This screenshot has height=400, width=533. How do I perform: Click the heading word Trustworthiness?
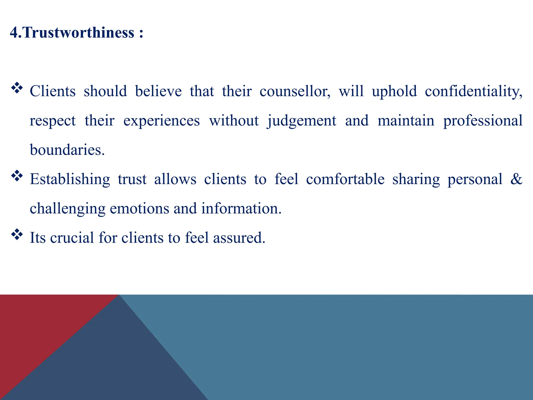pos(79,33)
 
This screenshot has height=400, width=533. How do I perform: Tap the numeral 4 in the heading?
pos(14,33)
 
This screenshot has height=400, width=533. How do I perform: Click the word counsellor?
pos(295,91)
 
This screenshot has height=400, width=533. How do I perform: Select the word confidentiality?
pos(473,91)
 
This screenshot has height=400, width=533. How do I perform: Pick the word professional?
pos(483,121)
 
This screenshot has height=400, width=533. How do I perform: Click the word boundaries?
pos(67,150)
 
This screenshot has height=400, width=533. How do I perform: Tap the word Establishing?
pos(70,179)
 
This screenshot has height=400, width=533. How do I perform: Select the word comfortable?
pos(345,179)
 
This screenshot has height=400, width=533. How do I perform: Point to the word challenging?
pos(68,209)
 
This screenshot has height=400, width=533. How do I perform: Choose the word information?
pos(241,209)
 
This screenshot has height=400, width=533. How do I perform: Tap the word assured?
pos(239,238)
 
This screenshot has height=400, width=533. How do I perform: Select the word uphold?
pos(394,91)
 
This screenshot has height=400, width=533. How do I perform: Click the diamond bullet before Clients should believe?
pos(17,88)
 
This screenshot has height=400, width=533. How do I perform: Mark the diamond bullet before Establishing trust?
pos(17,176)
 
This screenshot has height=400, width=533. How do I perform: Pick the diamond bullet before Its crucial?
pos(17,234)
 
